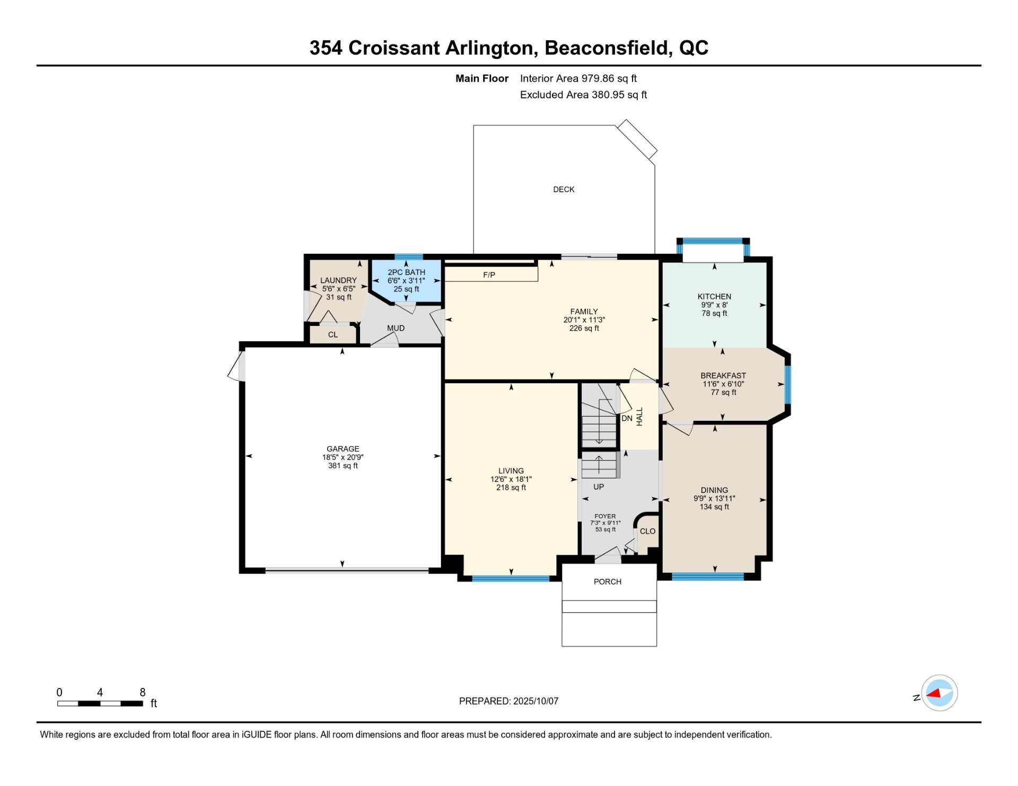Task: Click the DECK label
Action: click(x=564, y=190)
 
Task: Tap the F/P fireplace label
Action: click(x=489, y=275)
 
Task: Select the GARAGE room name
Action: click(x=343, y=449)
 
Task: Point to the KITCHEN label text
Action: click(x=714, y=297)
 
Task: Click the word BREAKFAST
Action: click(x=723, y=376)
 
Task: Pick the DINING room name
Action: click(x=714, y=490)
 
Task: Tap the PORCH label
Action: click(x=608, y=582)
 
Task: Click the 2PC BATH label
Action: click(x=406, y=272)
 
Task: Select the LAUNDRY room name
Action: click(x=338, y=280)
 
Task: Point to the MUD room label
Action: click(x=396, y=329)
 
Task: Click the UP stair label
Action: click(x=599, y=487)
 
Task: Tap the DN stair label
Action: click(x=627, y=419)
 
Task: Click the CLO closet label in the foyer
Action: click(x=647, y=532)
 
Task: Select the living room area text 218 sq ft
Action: click(x=511, y=488)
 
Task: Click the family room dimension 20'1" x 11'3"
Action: click(x=584, y=320)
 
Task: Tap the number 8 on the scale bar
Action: click(x=143, y=693)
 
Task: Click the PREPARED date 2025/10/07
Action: click(x=536, y=701)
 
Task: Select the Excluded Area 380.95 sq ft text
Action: click(x=583, y=95)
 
